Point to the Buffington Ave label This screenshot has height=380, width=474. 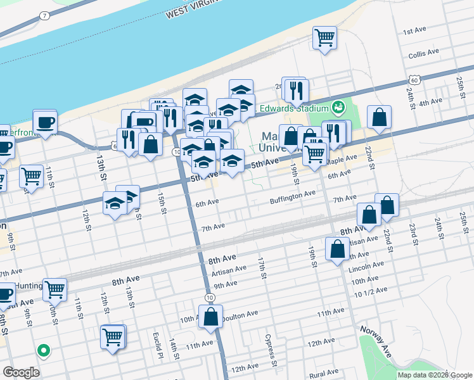[293, 193]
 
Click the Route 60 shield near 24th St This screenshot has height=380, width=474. [414, 80]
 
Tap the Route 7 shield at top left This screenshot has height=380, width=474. [43, 15]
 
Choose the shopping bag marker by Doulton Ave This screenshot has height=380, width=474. [211, 317]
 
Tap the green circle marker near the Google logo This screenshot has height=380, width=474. [44, 349]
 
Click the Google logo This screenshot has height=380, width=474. [21, 372]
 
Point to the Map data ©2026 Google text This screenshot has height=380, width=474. [435, 375]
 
